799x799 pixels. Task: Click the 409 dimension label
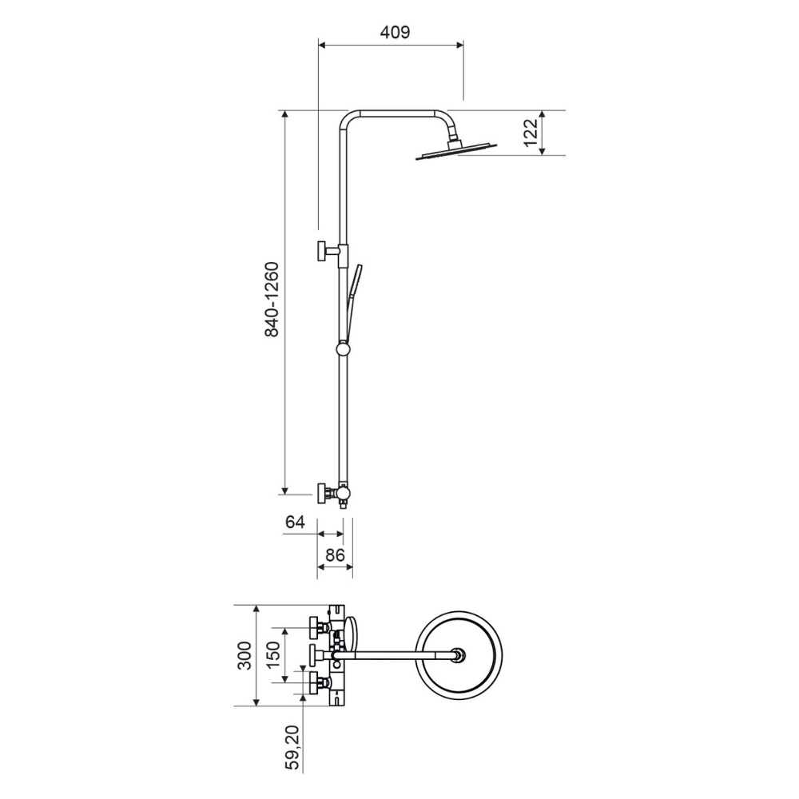(395, 32)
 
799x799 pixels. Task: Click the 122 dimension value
(531, 132)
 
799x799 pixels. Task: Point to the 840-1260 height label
(272, 299)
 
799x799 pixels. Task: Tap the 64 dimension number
(295, 523)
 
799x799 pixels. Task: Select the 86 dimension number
(336, 555)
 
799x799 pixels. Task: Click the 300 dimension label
(245, 655)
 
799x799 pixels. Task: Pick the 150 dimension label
(273, 655)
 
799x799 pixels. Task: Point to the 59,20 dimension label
(292, 747)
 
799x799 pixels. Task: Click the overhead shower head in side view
(456, 150)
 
